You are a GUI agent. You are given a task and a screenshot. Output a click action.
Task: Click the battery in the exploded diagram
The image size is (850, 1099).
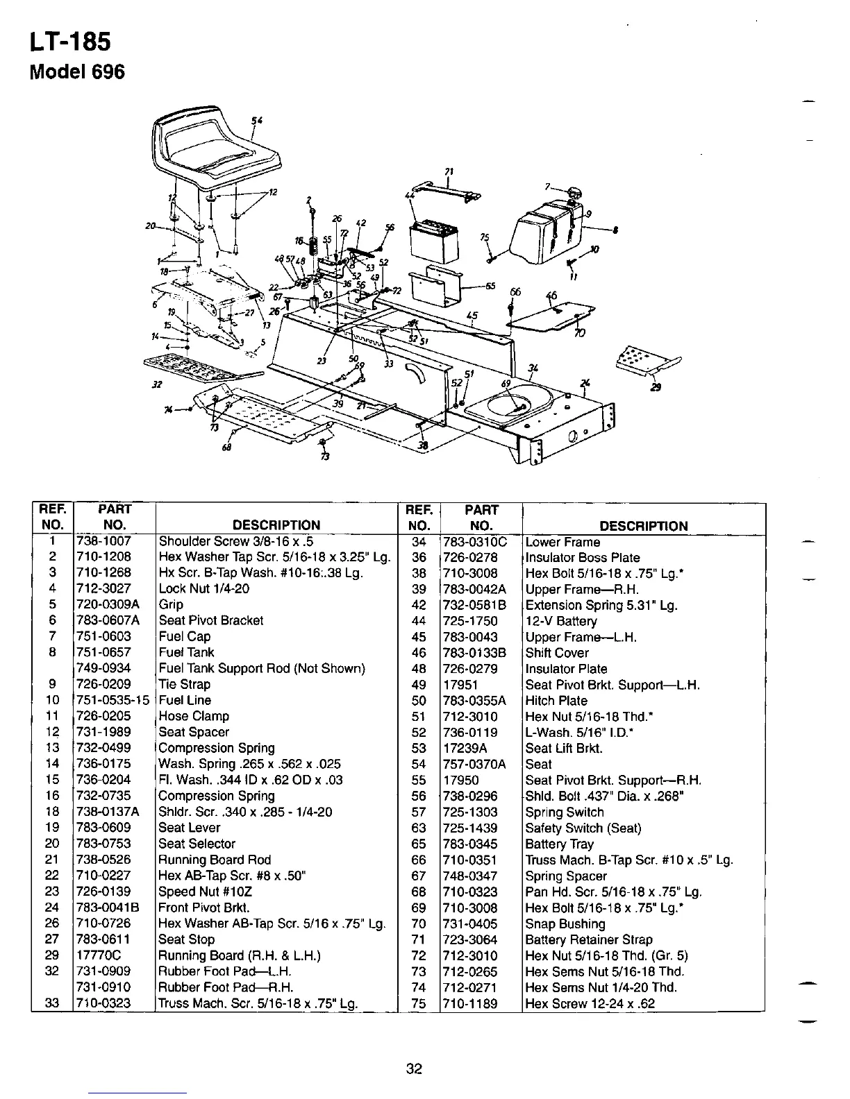[431, 239]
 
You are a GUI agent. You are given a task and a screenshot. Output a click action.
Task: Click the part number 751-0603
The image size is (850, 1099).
[103, 637]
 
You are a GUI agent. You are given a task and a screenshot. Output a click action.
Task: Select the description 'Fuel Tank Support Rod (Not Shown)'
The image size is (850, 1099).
[262, 669]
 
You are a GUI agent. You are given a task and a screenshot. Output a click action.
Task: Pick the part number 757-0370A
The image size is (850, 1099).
[474, 765]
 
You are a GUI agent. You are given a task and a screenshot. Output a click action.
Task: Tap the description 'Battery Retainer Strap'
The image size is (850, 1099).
[589, 940]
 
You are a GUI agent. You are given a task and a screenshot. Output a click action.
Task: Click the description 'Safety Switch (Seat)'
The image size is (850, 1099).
[583, 828]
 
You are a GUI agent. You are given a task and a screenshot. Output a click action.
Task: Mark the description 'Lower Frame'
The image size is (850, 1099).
[562, 543]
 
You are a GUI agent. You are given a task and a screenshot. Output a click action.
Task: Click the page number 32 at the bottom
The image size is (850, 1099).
[415, 1069]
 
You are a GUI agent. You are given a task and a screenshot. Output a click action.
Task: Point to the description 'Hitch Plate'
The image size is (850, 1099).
[556, 701]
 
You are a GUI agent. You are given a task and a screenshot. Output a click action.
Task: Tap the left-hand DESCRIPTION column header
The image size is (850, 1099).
[276, 526]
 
